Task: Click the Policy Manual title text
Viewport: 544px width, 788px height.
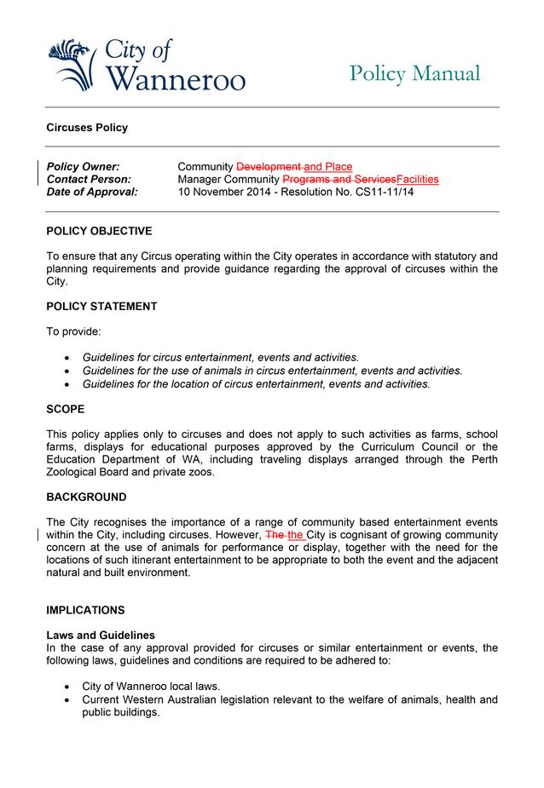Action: point(414,74)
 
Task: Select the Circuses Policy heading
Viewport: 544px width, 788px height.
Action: point(87,128)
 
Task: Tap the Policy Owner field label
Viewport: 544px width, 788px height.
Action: point(83,167)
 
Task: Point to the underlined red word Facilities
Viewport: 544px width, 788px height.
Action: point(418,180)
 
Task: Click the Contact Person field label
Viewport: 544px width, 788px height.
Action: point(89,180)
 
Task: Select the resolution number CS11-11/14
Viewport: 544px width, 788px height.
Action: point(381,193)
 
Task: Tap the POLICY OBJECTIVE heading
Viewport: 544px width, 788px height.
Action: point(99,231)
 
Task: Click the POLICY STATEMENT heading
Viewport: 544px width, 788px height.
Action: point(101,307)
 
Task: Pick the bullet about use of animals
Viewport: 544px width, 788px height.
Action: point(272,371)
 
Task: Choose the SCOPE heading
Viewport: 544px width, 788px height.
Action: point(65,409)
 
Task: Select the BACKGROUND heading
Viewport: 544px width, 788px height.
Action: point(86,497)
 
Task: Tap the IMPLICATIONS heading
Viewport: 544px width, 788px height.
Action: point(85,611)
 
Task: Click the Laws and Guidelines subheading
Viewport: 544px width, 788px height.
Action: point(101,636)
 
